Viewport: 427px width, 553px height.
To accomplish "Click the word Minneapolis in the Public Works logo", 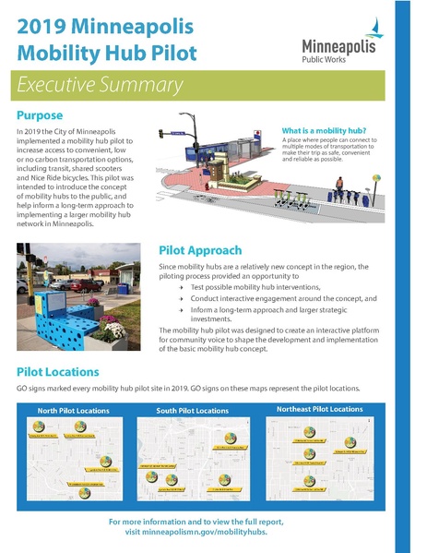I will [x=339, y=45].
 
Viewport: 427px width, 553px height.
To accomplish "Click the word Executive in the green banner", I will [x=55, y=86].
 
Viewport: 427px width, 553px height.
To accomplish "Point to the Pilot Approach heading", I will [x=200, y=250].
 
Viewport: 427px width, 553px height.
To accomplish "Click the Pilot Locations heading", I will [x=57, y=371].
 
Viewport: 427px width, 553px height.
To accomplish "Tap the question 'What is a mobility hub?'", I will [x=320, y=132].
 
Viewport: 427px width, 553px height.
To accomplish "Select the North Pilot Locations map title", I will [x=73, y=410].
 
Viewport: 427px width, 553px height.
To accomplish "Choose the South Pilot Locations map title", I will [x=193, y=410].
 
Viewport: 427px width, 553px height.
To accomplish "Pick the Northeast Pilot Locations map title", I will [x=319, y=408].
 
